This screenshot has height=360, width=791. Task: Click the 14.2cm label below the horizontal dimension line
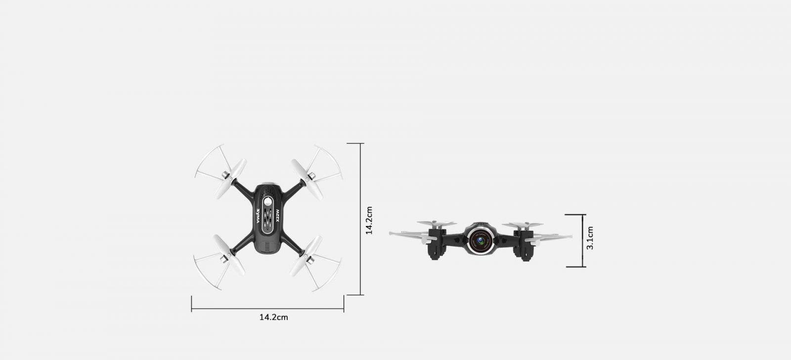pos(274,317)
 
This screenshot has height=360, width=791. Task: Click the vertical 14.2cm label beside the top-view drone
pos(369,221)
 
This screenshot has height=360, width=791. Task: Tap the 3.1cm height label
pos(590,238)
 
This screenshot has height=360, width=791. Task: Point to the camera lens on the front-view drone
pos(480,241)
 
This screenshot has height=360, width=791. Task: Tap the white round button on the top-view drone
pos(269,202)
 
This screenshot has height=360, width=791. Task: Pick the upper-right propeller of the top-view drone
pos(307,179)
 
